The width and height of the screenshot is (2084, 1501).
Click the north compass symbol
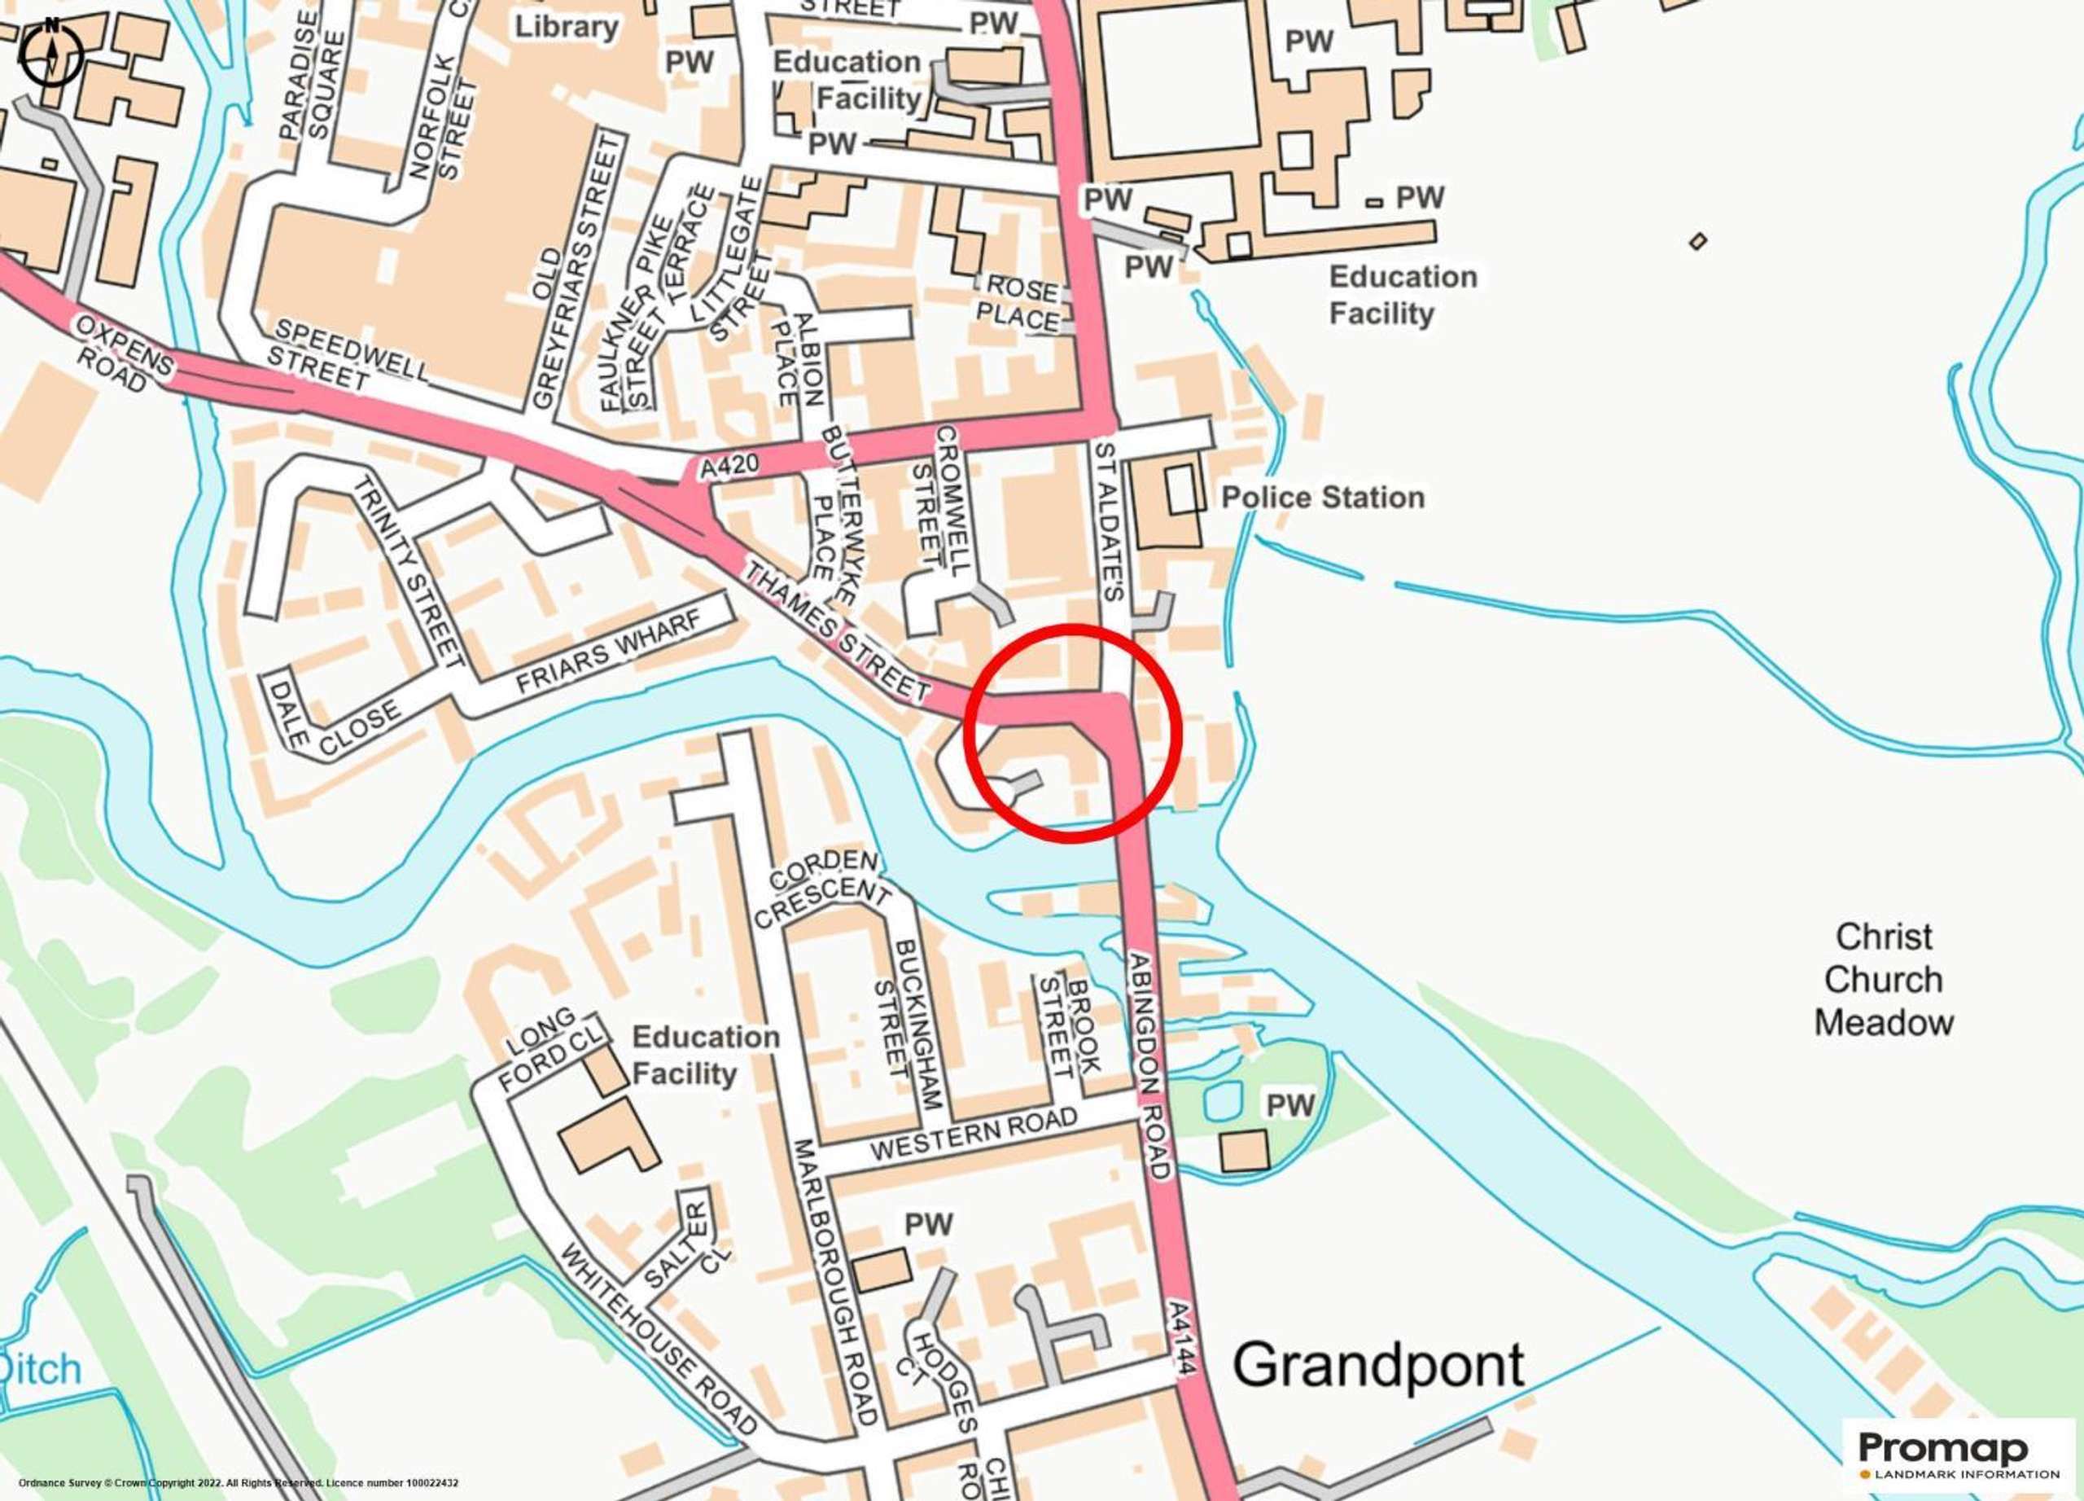[51, 53]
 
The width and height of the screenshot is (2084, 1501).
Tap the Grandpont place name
[1377, 1365]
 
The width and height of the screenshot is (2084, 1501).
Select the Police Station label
[1322, 498]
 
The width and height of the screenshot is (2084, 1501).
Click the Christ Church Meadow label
[1883, 979]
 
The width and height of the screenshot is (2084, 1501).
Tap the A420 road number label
[729, 466]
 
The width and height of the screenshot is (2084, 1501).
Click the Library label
[566, 26]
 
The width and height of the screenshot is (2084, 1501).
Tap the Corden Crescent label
[822, 888]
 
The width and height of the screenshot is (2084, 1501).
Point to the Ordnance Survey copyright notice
[238, 1482]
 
